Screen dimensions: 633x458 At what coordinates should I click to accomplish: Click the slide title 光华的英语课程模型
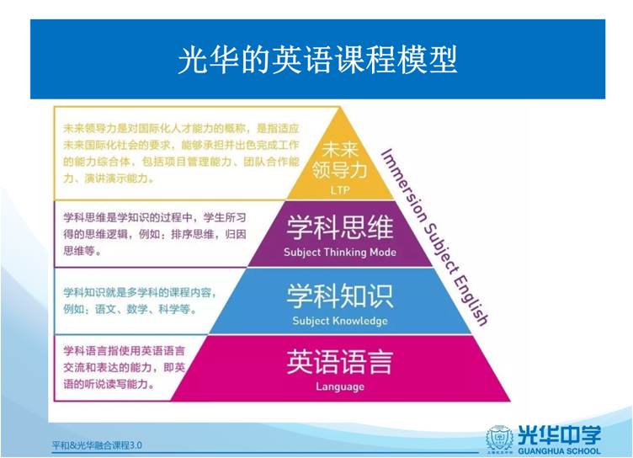(317, 60)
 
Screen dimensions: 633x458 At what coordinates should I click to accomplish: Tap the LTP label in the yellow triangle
(340, 189)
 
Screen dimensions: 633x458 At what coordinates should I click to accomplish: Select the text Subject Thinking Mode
(340, 253)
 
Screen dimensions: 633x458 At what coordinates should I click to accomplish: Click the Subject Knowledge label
(340, 321)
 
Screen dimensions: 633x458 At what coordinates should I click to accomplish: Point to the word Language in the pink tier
(340, 386)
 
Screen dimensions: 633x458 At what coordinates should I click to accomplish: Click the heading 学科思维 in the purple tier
(340, 227)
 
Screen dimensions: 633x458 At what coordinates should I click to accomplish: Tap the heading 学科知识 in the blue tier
(340, 296)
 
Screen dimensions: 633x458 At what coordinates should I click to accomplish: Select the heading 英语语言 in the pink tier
(340, 362)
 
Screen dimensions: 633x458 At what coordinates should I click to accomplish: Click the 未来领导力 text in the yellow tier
(340, 160)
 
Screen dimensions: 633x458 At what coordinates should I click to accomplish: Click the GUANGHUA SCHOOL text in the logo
(559, 450)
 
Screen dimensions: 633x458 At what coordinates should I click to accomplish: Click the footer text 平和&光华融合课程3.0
(97, 445)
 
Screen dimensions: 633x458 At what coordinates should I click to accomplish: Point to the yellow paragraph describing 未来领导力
(181, 153)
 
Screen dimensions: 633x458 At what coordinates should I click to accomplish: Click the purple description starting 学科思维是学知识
(155, 234)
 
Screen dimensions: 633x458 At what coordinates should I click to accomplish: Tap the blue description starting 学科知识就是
(140, 301)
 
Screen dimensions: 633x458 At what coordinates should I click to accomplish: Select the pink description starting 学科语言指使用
(125, 367)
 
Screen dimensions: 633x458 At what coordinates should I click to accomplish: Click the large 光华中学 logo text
(559, 435)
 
